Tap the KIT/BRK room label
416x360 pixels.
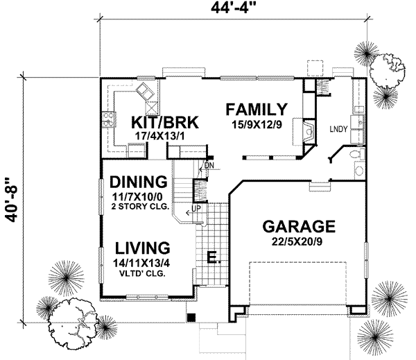pyautogui.click(x=165, y=123)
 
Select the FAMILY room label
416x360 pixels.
pyautogui.click(x=257, y=110)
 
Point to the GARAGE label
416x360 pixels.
pyautogui.click(x=300, y=227)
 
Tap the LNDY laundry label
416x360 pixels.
pyautogui.click(x=338, y=129)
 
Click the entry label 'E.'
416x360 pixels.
pyautogui.click(x=214, y=259)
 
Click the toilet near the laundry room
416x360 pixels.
pyautogui.click(x=354, y=155)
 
